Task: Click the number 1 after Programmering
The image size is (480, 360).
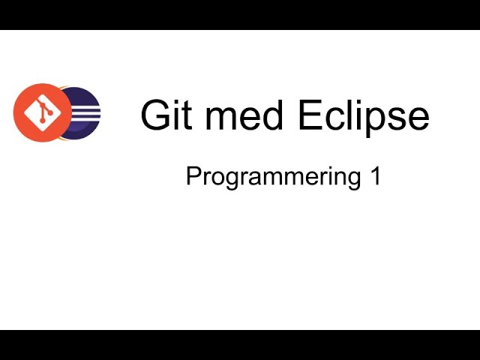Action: click(x=374, y=177)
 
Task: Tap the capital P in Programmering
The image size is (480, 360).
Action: click(x=192, y=177)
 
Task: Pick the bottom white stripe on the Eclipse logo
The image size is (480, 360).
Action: click(x=87, y=120)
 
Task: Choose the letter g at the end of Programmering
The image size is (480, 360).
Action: click(x=352, y=180)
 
